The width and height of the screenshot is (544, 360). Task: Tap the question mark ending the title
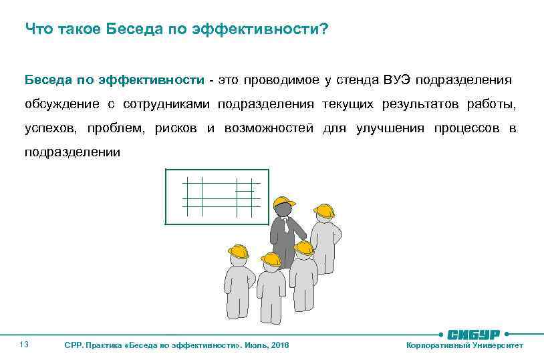324,29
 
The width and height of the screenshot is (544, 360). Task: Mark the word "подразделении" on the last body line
73,152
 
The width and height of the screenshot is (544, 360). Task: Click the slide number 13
24,345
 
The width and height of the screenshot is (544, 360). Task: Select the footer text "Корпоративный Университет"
464,345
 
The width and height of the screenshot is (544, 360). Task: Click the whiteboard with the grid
217,196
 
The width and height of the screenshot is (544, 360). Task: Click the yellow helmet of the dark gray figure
285,202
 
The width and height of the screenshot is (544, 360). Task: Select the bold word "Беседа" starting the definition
47,80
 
